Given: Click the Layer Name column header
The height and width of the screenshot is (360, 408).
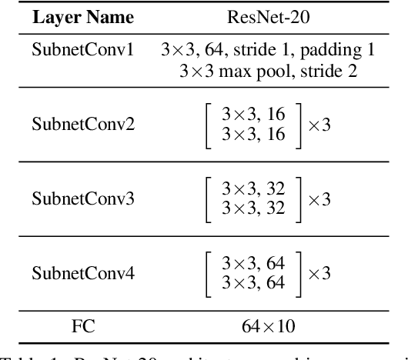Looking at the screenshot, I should tap(82, 17).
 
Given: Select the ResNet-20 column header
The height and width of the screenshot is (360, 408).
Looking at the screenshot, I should tap(267, 17).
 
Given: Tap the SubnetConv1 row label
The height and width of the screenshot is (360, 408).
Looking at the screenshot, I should tap(82, 52).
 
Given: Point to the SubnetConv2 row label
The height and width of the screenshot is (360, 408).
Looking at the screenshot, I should tap(82, 125).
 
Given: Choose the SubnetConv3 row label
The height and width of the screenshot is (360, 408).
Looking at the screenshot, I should tap(82, 198).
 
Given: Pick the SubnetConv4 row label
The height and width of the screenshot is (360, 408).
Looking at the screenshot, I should tap(82, 272).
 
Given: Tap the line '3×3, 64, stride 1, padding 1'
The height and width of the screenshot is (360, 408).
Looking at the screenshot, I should tap(268, 52).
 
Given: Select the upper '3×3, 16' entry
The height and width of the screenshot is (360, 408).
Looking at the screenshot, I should tap(253, 116).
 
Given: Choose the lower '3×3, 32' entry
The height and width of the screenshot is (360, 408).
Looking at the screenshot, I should tap(253, 208).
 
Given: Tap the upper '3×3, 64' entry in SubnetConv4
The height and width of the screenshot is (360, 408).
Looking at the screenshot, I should tap(253, 262).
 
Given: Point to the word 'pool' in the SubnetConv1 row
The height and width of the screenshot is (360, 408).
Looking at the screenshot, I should tap(292, 72).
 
